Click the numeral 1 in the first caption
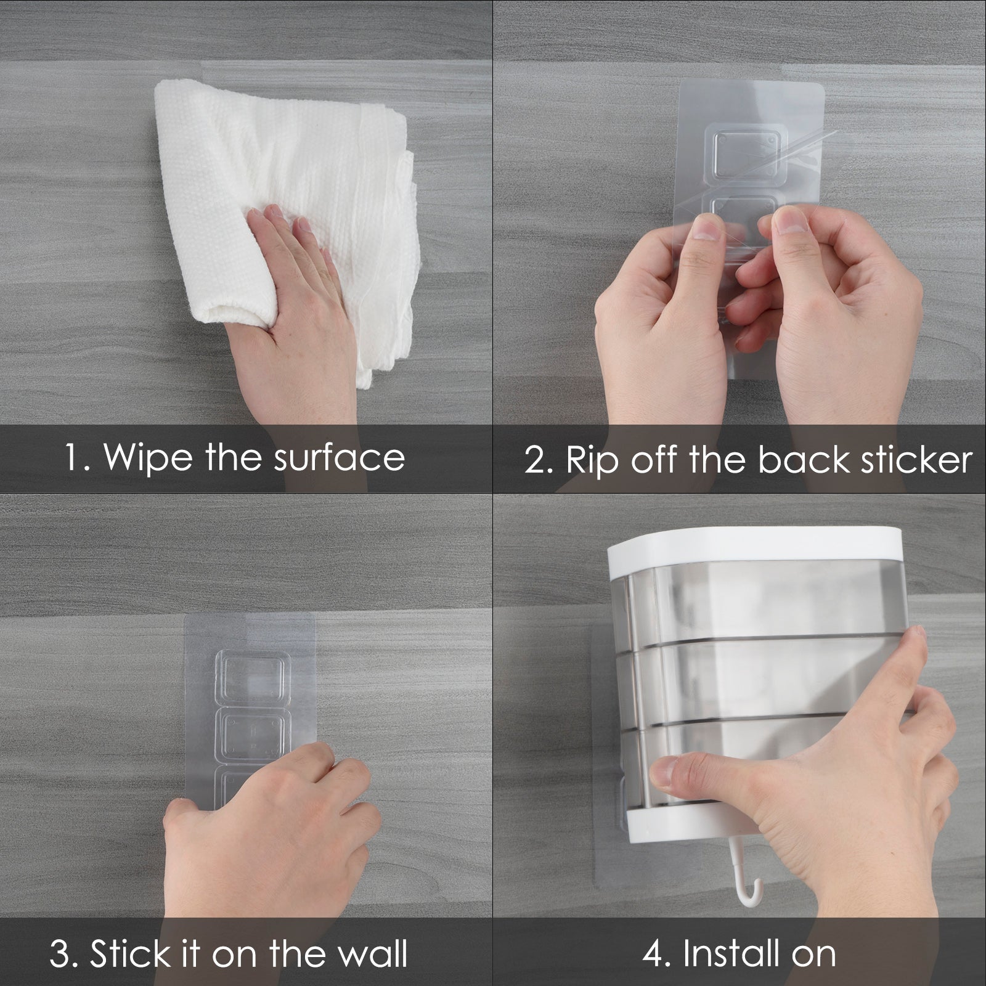click(73, 457)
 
